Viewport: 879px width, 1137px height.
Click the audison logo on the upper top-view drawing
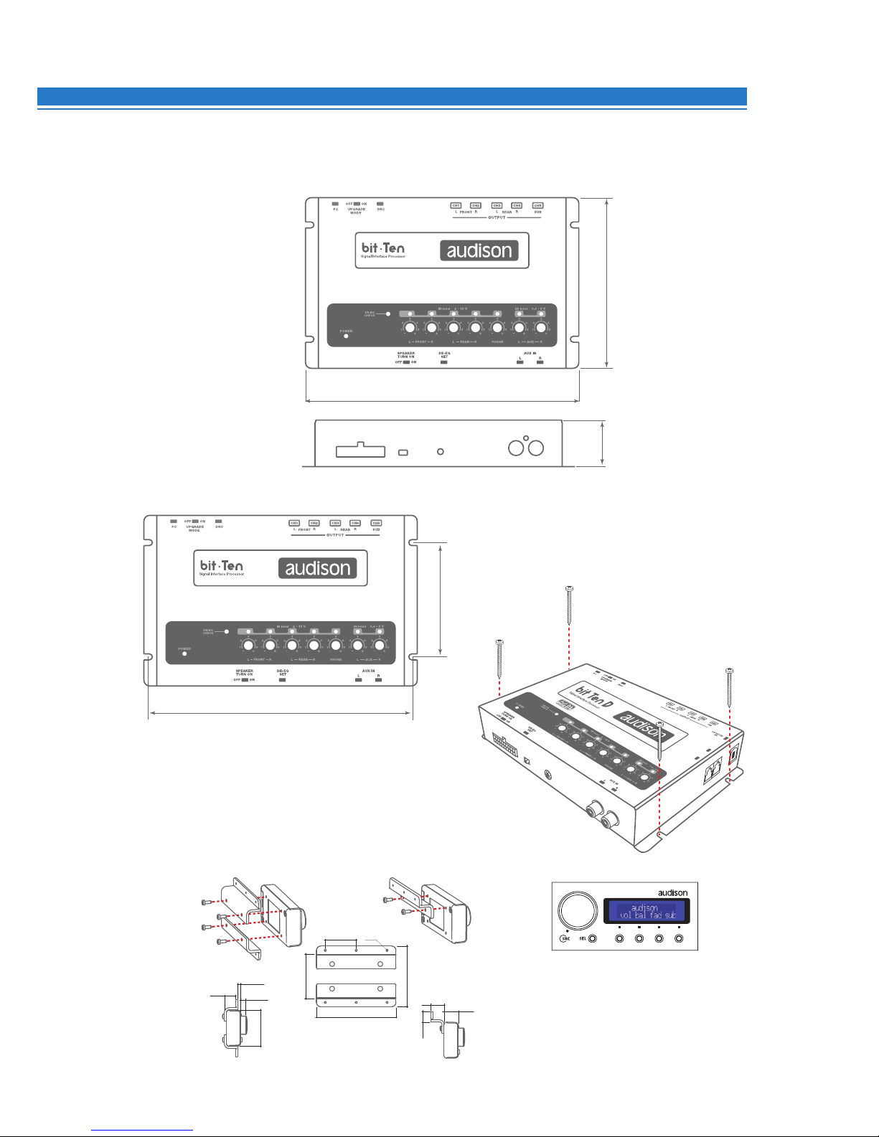point(479,250)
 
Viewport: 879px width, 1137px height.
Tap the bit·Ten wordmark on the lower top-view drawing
point(222,565)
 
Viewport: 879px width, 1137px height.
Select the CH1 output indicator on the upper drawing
point(456,206)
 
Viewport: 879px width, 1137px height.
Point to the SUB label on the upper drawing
point(537,212)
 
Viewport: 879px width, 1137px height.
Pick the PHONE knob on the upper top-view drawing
point(497,328)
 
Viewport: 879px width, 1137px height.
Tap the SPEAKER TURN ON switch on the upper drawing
point(406,362)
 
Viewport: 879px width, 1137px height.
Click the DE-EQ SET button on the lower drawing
point(283,679)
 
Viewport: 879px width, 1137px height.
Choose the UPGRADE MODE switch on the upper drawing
point(357,204)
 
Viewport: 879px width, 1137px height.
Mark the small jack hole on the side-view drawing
point(441,452)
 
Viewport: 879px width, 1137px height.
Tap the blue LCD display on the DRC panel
point(647,911)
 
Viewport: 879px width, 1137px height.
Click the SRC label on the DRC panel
point(566,939)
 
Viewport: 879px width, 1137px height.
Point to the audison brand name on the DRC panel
point(673,892)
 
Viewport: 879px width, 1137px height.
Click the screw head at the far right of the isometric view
point(729,672)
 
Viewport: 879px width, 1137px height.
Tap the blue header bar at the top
point(392,97)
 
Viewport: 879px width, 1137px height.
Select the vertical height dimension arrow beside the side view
point(602,444)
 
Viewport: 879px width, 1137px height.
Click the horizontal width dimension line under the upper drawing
point(443,401)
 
